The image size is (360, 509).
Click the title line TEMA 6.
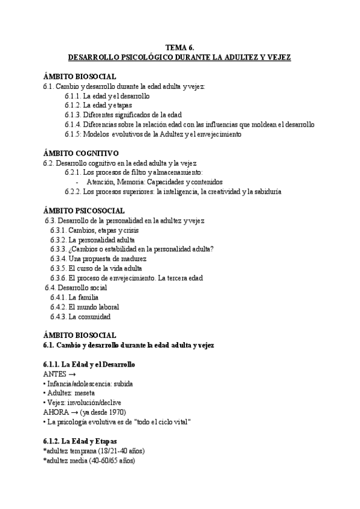point(179,48)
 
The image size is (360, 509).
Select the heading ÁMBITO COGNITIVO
point(81,153)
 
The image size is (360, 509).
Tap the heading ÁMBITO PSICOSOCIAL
point(84,211)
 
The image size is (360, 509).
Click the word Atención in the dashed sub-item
point(100,182)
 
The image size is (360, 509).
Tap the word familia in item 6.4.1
point(83,297)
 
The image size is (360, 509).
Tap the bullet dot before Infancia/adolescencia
point(45,384)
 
